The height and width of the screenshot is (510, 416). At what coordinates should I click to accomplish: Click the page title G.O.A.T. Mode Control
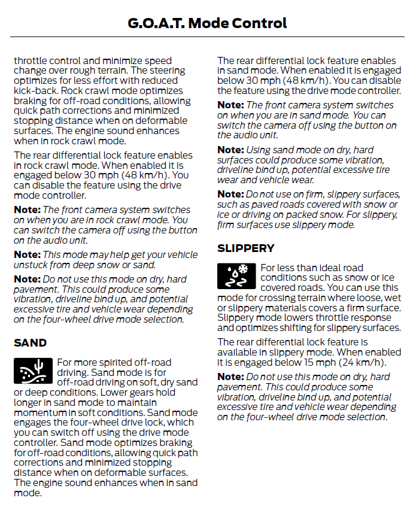click(x=208, y=23)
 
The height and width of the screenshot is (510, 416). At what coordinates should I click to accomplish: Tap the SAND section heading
click(x=30, y=343)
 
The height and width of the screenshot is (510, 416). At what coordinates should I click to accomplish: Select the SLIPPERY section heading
click(x=246, y=248)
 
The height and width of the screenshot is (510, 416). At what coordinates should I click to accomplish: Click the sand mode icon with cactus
click(x=33, y=371)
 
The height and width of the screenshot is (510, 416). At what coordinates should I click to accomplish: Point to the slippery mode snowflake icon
click(x=236, y=275)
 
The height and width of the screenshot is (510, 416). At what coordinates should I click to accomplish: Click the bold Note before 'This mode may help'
click(x=26, y=254)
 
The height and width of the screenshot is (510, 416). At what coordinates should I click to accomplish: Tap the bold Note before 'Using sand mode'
click(x=230, y=150)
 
